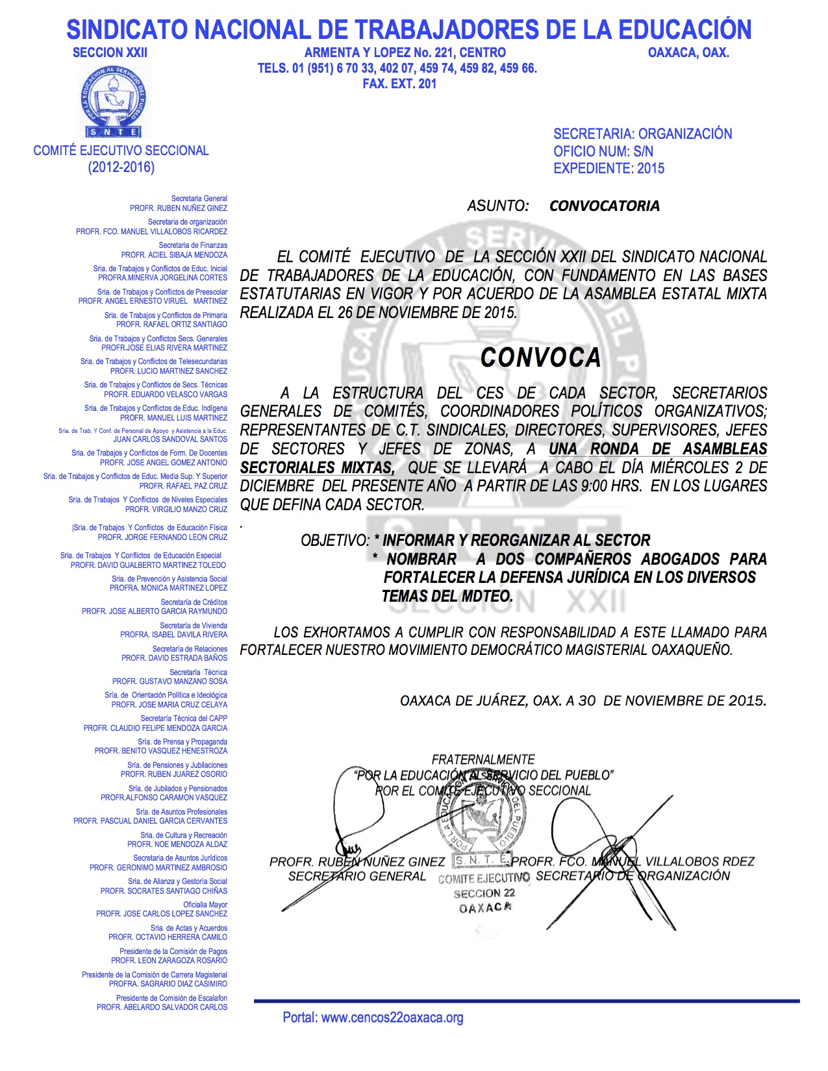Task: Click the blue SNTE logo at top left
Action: pos(114,103)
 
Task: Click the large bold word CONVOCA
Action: pos(540,358)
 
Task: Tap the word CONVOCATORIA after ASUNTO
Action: pos(604,206)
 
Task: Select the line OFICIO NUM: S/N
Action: pos(603,151)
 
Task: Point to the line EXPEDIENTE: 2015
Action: pos(608,168)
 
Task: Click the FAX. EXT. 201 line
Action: pos(399,84)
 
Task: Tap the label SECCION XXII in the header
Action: pos(110,53)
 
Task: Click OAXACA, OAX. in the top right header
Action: pos(688,53)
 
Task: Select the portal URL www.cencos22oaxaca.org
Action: pos(392,1017)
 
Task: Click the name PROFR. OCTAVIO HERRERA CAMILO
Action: pos(168,937)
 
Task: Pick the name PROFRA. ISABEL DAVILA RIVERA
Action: pos(173,635)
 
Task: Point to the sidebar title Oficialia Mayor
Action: pos(205,904)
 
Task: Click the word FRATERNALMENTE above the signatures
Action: pos(483,759)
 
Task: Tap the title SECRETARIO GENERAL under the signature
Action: pos(357,876)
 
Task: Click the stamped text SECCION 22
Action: pos(484,893)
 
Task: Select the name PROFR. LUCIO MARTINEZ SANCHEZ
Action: pos(169,371)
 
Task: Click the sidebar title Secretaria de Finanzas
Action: pos(193,245)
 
